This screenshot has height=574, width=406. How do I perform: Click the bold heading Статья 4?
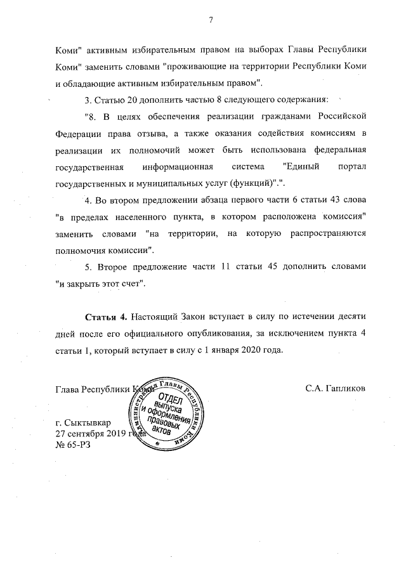pos(106,316)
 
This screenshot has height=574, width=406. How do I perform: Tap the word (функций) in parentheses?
pos(251,184)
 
